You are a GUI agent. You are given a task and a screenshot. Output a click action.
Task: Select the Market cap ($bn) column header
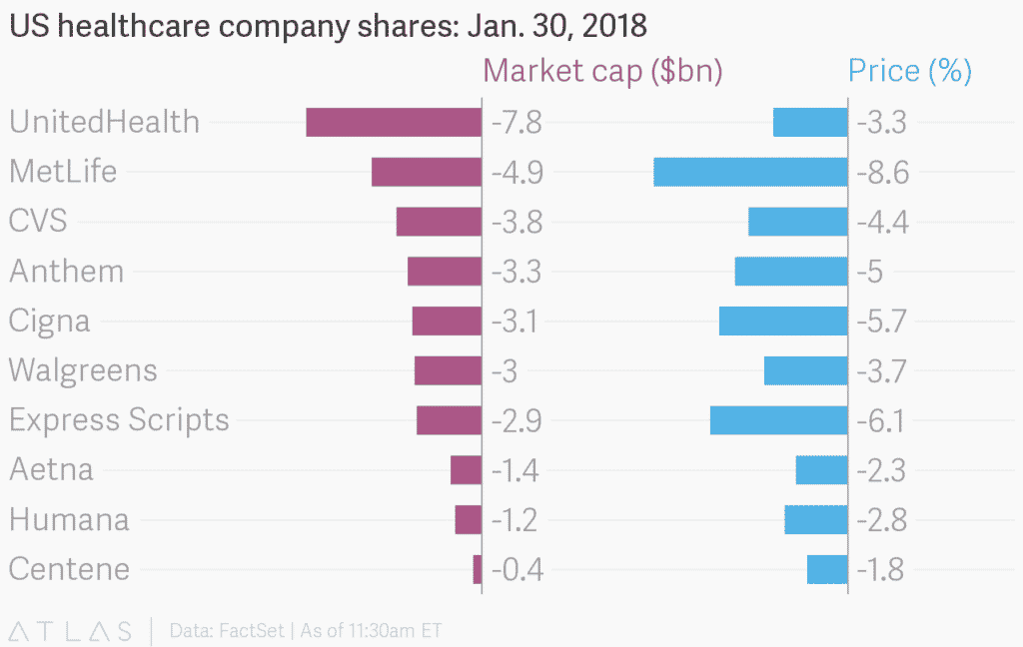(x=602, y=72)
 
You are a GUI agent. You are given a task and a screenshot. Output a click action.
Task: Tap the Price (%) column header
(x=909, y=72)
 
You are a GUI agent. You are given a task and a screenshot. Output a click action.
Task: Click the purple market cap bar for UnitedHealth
(x=394, y=122)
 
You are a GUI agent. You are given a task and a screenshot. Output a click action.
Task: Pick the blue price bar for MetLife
(x=750, y=172)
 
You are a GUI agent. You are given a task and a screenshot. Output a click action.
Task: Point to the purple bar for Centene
(x=478, y=569)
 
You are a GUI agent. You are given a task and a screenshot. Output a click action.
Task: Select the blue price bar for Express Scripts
(x=778, y=420)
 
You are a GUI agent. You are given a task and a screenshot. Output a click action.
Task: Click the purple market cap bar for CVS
(x=439, y=222)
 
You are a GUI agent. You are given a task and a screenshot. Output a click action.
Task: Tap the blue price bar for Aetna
(x=821, y=469)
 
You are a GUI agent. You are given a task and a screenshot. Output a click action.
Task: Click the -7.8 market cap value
(x=516, y=123)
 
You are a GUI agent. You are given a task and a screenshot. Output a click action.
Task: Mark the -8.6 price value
(x=882, y=173)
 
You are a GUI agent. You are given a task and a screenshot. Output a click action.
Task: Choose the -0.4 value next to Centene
(x=516, y=570)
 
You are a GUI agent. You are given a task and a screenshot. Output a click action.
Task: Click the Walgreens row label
(x=83, y=371)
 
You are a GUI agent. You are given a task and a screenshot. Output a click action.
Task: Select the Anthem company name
(x=66, y=272)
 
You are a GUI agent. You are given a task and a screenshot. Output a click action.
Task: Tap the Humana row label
(x=69, y=520)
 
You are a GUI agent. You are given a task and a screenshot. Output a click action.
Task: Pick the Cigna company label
(x=49, y=322)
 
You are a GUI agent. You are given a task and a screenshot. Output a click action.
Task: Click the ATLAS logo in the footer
(x=70, y=631)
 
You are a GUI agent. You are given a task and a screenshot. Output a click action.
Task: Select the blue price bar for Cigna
(x=783, y=321)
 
